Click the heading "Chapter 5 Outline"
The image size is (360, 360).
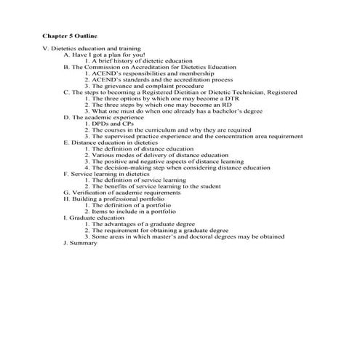(71, 35)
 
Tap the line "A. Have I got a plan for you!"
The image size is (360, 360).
(105, 55)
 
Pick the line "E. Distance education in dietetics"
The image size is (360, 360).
(111, 143)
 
